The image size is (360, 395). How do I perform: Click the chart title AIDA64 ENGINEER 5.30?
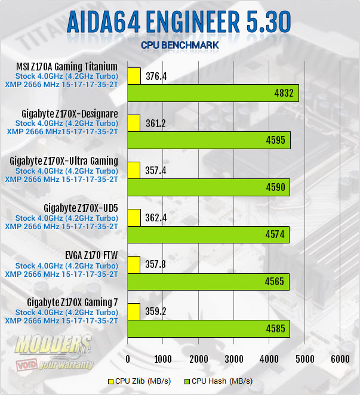(179, 23)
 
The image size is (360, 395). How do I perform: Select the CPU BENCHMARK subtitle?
(180, 45)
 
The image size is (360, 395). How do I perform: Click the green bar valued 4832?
(213, 93)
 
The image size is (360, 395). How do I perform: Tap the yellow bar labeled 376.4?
(134, 76)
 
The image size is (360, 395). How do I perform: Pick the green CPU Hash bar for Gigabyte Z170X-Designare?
(208, 140)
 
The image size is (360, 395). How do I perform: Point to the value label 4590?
(276, 187)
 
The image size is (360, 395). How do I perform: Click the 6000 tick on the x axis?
(340, 359)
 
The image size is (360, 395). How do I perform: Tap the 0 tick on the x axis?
(128, 359)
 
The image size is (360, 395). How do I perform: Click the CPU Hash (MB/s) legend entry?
(218, 381)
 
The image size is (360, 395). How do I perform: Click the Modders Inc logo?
(54, 352)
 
